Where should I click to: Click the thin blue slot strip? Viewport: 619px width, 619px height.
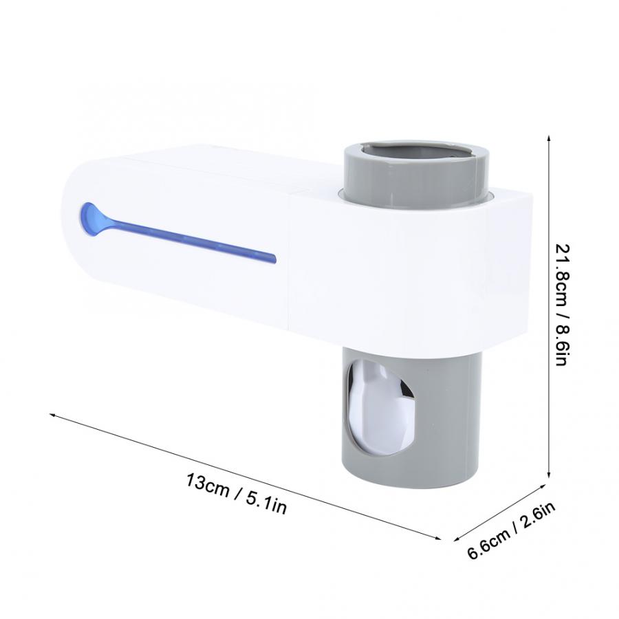pyautogui.click(x=193, y=240)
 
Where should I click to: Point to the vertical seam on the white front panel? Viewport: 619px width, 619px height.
pyautogui.click(x=290, y=261)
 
